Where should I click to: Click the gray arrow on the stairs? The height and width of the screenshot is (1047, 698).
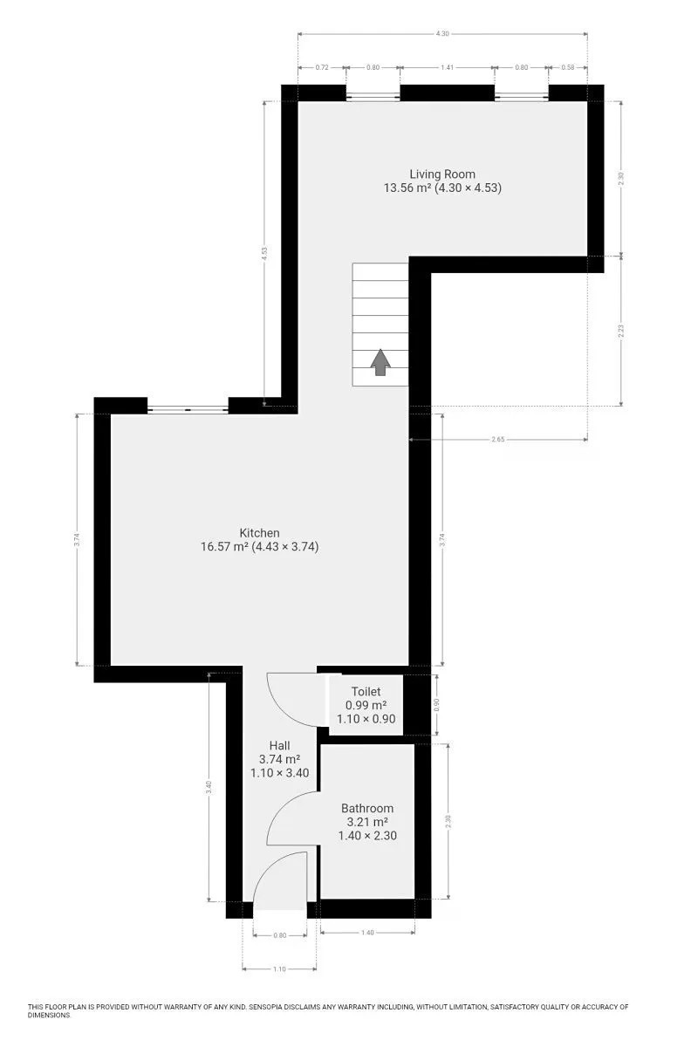tap(380, 362)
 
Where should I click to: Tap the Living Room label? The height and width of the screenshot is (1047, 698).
tap(442, 174)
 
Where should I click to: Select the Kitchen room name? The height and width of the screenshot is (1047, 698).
tap(259, 532)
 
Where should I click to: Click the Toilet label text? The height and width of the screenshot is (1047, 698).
tap(366, 691)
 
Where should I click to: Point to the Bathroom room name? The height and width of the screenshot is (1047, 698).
tap(367, 808)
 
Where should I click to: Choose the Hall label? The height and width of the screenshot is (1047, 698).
tap(279, 745)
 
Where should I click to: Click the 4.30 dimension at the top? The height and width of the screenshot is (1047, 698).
tap(442, 34)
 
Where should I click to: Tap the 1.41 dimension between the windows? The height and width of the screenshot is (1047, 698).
tap(447, 67)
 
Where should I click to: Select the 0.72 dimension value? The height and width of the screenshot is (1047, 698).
tap(322, 67)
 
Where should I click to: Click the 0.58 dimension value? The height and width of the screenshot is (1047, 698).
tap(568, 67)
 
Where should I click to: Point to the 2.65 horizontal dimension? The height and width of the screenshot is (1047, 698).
tap(498, 440)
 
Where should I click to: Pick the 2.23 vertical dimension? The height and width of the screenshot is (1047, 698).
tap(621, 331)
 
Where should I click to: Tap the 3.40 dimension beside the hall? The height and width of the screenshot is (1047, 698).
tap(209, 788)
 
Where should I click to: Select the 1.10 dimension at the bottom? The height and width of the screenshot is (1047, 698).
tap(279, 969)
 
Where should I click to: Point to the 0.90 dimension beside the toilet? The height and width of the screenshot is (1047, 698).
tap(436, 704)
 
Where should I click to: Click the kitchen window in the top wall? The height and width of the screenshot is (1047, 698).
tap(188, 409)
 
